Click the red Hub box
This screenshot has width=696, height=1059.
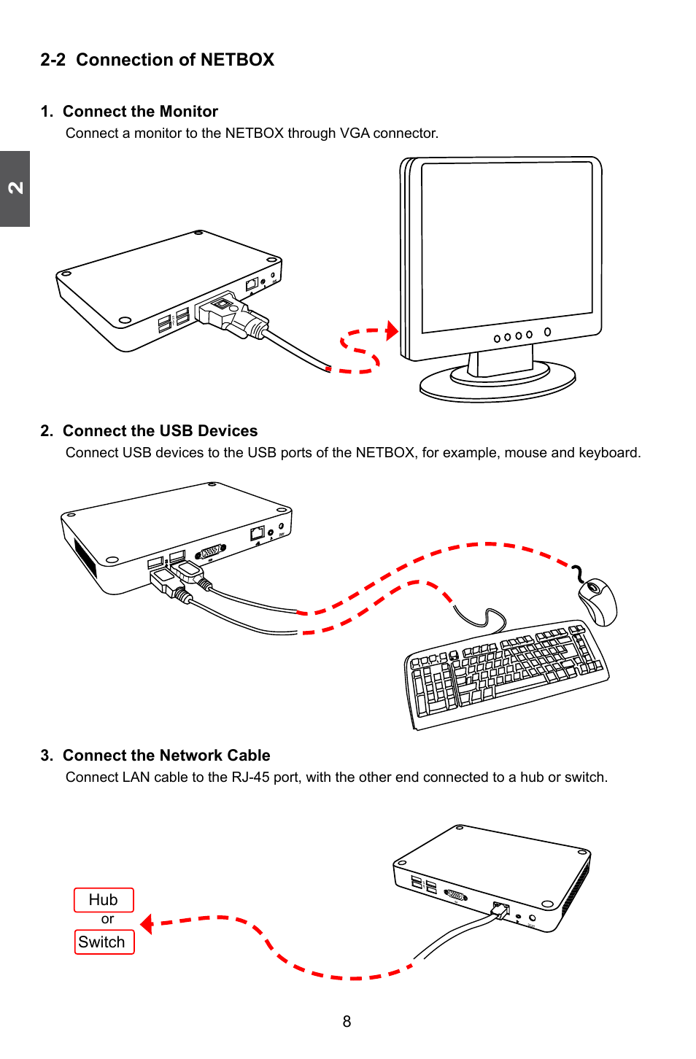(104, 900)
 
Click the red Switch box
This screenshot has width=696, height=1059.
(104, 942)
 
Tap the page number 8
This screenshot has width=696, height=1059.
(347, 1022)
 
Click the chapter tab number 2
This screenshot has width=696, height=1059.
(15, 187)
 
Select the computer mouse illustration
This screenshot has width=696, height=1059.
(598, 601)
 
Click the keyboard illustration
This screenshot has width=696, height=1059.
(506, 674)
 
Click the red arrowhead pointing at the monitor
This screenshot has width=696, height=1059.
(392, 330)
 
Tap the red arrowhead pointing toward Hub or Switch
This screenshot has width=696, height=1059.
(147, 924)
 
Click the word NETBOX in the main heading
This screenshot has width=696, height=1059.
(237, 60)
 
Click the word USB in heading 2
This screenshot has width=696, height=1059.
(177, 431)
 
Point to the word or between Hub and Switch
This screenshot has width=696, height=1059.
(107, 919)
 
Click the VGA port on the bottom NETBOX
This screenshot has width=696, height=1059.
(456, 895)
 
